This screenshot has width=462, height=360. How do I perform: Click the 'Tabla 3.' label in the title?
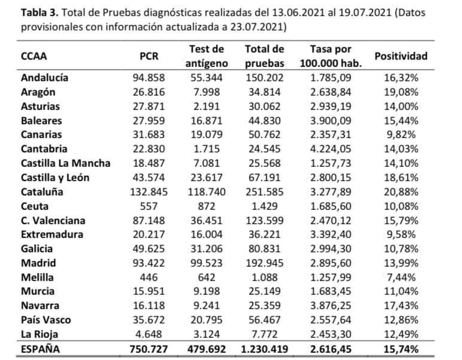(x=41, y=13)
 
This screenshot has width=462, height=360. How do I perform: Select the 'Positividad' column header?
(x=400, y=56)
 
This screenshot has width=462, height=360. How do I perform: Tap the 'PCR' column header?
(x=149, y=56)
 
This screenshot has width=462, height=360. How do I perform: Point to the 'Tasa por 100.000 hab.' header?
(x=331, y=56)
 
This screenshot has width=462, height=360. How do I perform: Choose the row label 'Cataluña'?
(x=42, y=192)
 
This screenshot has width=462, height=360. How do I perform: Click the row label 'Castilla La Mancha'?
(x=65, y=163)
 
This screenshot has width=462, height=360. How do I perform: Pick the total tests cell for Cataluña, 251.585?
(x=265, y=192)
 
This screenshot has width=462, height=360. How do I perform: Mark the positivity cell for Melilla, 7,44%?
(x=401, y=277)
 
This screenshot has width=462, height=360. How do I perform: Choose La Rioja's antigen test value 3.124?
(x=206, y=334)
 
